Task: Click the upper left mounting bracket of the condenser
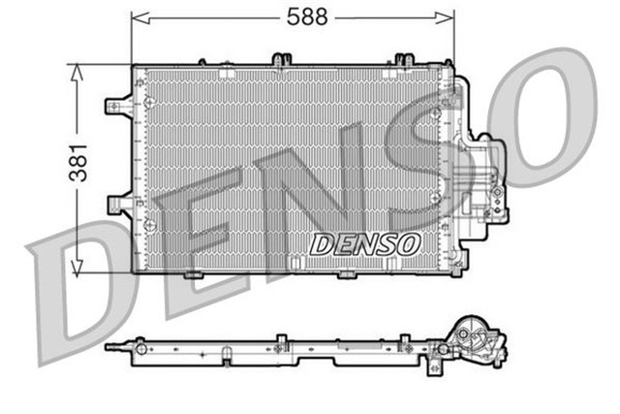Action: tap(118, 106)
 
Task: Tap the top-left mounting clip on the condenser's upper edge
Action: tap(282, 61)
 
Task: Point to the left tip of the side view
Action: tap(108, 345)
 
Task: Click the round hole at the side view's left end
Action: tap(140, 344)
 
